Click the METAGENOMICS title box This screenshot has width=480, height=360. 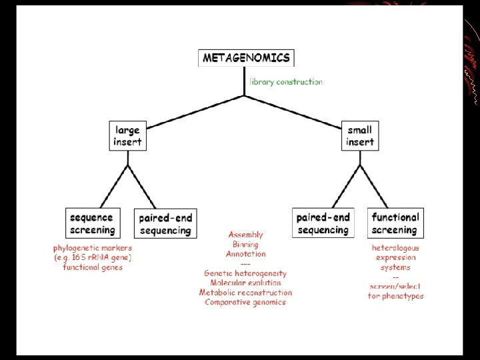[246, 58]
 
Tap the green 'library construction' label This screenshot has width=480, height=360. [285, 82]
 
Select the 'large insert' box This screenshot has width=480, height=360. [127, 135]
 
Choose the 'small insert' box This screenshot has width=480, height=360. [360, 135]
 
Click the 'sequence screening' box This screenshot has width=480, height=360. [92, 223]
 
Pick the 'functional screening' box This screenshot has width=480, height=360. [395, 223]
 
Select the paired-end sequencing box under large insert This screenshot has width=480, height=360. [165, 224]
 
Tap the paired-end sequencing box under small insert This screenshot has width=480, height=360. [323, 223]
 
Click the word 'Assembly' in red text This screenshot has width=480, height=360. [246, 235]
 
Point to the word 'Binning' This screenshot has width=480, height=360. [245, 245]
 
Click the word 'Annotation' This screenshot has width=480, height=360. [245, 254]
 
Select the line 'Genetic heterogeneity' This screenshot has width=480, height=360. [245, 273]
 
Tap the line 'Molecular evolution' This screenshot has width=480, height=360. [245, 283]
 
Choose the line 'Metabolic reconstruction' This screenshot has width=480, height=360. [245, 293]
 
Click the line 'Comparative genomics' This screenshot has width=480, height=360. [245, 302]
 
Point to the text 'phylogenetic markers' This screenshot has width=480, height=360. [93, 248]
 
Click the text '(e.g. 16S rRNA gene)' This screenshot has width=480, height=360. [93, 257]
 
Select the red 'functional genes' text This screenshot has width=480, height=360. [93, 267]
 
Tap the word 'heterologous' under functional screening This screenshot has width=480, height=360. [396, 248]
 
